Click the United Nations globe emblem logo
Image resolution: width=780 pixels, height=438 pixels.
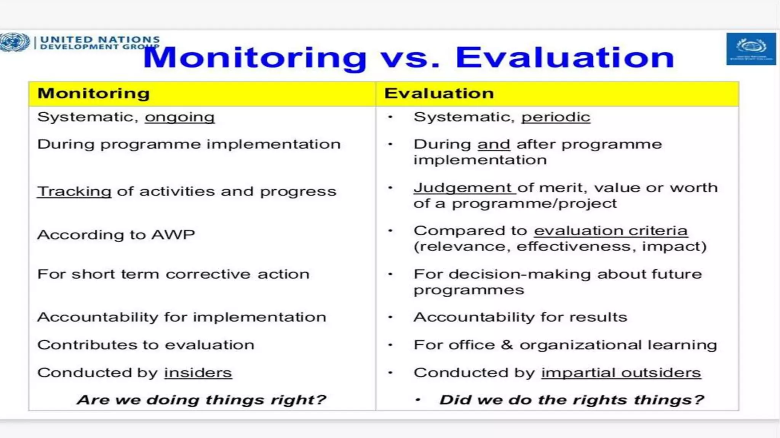(x=14, y=42)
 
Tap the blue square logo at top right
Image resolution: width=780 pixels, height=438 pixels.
(x=751, y=49)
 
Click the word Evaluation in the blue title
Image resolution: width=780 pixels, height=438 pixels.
(x=565, y=57)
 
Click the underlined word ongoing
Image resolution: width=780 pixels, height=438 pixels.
(x=179, y=117)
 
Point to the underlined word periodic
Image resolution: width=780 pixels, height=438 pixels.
(x=555, y=117)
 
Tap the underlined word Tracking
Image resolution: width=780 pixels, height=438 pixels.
(x=74, y=191)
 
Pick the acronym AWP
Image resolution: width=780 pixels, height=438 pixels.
(x=173, y=235)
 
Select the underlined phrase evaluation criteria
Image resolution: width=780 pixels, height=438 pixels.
(x=611, y=231)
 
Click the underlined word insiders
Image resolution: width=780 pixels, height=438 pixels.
(x=198, y=373)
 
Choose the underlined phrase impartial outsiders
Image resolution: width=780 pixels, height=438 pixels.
(x=621, y=373)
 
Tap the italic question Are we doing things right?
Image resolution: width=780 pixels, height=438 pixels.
(x=201, y=400)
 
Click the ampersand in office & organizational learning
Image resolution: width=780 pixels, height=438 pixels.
(x=507, y=345)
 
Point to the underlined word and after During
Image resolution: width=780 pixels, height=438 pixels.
(x=494, y=144)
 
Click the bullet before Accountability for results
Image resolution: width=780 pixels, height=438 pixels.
(x=390, y=317)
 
